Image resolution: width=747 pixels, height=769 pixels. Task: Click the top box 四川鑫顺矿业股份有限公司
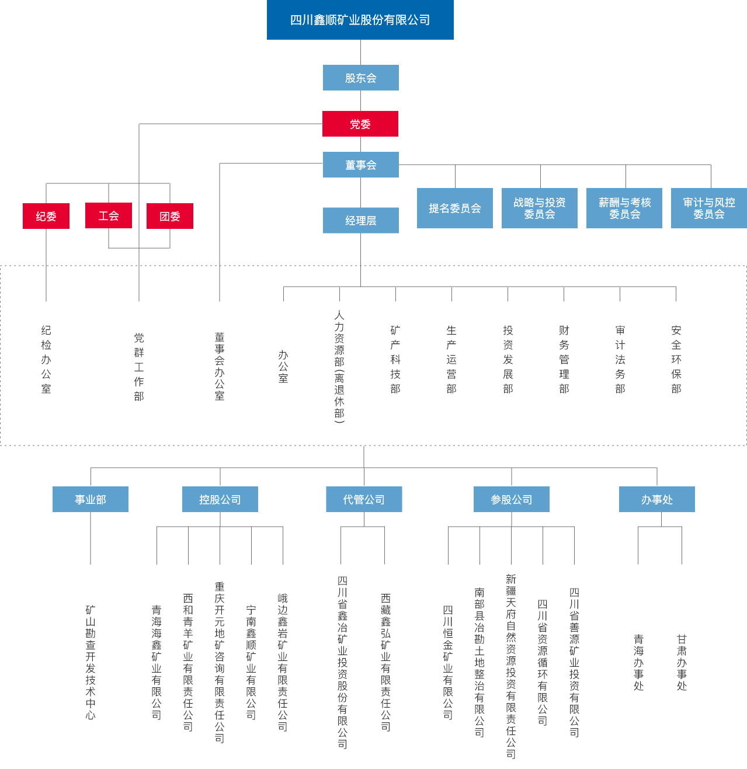tap(360, 20)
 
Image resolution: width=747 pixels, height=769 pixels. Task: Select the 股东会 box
tap(360, 78)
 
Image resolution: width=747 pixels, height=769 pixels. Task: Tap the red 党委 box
tap(360, 124)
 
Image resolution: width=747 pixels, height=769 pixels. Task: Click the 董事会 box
tap(360, 165)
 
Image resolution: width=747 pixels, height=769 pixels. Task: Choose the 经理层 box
tap(360, 221)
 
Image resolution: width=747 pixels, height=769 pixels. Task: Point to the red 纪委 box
tap(46, 216)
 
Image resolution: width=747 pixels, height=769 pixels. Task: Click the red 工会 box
tap(108, 215)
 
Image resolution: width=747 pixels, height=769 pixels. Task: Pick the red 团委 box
tap(169, 216)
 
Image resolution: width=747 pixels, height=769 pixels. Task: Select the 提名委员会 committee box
tap(454, 208)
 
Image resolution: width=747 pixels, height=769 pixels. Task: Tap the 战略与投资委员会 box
tap(539, 208)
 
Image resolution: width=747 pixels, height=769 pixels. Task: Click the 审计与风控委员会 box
tap(708, 208)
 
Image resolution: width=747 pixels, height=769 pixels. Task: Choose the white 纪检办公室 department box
tap(46, 366)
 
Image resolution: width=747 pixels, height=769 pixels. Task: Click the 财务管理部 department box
tap(564, 366)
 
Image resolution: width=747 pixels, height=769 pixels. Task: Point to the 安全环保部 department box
tap(676, 366)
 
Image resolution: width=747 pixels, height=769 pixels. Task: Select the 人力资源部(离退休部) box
tap(339, 366)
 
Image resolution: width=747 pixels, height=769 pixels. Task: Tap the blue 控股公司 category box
tap(220, 499)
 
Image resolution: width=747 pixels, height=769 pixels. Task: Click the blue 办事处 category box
tap(656, 499)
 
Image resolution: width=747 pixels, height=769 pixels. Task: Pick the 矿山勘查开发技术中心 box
tap(91, 666)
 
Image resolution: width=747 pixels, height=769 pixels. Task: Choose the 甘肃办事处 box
tap(682, 666)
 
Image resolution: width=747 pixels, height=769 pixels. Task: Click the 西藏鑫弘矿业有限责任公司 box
tap(385, 666)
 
